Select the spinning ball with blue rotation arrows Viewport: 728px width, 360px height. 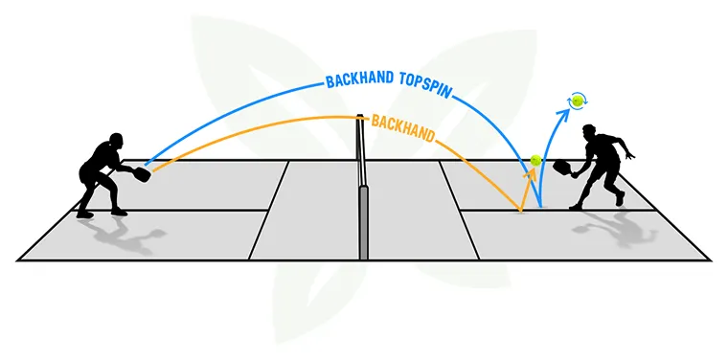(x=577, y=100)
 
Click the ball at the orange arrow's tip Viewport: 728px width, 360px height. (x=536, y=160)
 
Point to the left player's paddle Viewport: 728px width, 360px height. (x=143, y=174)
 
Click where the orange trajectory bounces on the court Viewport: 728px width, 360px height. (x=519, y=210)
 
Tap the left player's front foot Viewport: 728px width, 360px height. (x=118, y=211)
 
